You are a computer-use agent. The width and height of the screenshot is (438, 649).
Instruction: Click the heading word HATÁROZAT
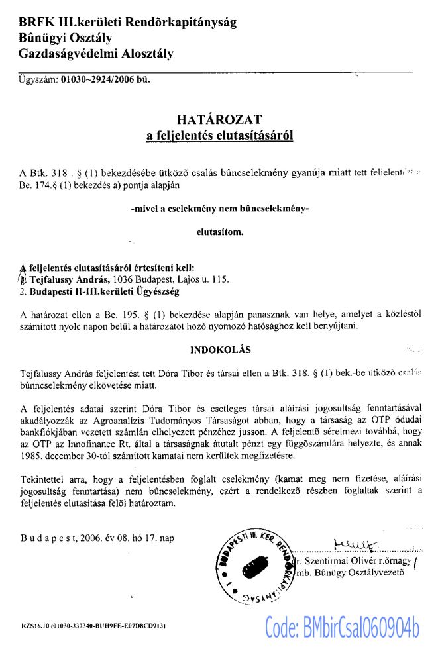click(x=219, y=120)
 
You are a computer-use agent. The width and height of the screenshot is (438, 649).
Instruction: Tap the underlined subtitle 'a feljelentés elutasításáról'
click(x=219, y=136)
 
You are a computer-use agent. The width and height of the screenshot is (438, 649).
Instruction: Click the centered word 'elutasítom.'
click(x=219, y=232)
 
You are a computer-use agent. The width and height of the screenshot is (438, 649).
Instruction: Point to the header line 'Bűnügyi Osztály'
click(x=66, y=38)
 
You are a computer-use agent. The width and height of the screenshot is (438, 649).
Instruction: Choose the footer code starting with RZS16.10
click(x=93, y=625)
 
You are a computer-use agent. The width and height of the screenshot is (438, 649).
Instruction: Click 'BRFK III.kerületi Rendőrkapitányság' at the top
click(x=127, y=22)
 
